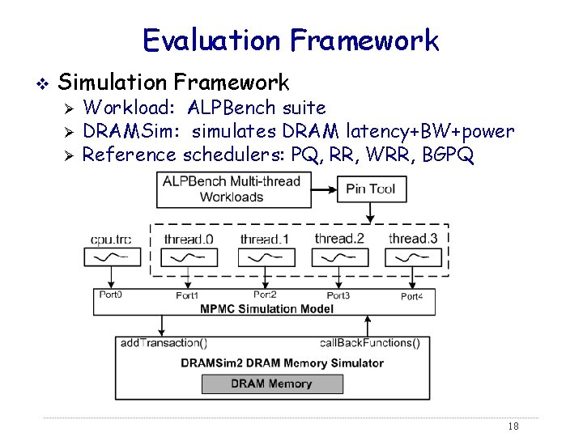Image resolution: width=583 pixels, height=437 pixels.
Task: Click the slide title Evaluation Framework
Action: [x=291, y=40]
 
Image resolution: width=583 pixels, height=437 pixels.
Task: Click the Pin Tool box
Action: [x=370, y=189]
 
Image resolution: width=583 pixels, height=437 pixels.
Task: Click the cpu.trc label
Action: [x=111, y=239]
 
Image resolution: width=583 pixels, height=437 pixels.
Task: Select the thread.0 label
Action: [x=188, y=239]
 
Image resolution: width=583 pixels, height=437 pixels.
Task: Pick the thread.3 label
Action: [x=414, y=238]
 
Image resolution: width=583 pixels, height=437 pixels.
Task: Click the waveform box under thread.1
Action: [x=264, y=257]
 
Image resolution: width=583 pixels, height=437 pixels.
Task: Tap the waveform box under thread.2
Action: [x=339, y=257]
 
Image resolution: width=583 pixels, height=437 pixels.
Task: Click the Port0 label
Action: [x=110, y=295]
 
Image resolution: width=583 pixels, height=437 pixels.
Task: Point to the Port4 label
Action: [x=411, y=296]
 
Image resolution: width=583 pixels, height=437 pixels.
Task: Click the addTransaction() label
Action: [x=164, y=343]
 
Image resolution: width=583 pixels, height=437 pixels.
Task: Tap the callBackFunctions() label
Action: [x=370, y=343]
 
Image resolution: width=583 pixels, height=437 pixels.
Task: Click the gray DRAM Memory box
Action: [x=271, y=384]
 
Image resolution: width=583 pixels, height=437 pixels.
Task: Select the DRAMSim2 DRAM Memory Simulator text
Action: [x=282, y=363]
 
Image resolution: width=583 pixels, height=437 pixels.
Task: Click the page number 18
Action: [x=512, y=426]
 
